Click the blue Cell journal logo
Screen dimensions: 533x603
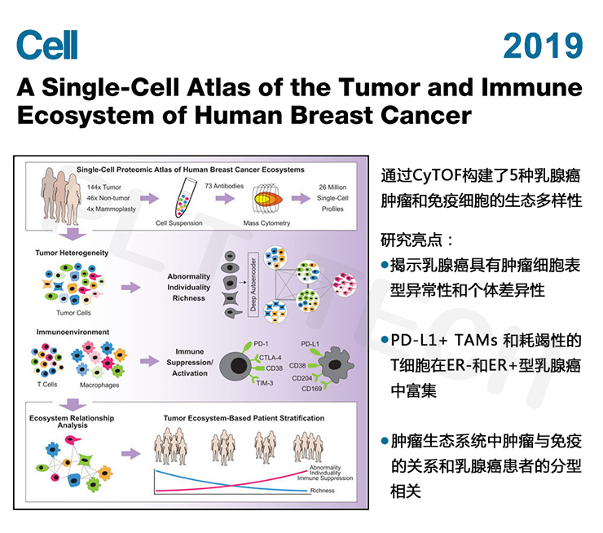[x=47, y=46]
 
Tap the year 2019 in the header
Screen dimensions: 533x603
[x=543, y=46]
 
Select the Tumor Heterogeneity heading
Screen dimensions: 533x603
[x=74, y=253]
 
